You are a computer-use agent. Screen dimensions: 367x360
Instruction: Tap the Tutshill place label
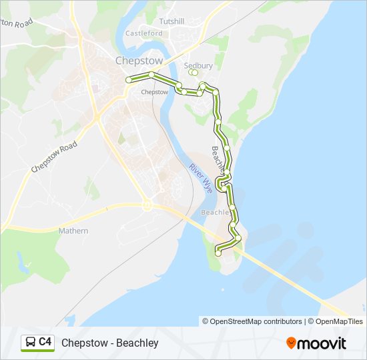[x=171, y=21]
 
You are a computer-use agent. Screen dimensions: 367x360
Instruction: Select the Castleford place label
[x=144, y=33]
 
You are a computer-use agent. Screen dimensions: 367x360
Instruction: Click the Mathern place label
[x=73, y=231]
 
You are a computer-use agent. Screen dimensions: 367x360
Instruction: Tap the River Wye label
[x=200, y=178]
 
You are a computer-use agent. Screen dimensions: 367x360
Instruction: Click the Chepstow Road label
[x=53, y=157]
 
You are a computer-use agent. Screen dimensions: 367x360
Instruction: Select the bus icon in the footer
[x=30, y=343]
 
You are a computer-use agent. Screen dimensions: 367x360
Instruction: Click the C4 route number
[x=45, y=342]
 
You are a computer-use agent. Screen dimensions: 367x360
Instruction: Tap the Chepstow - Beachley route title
[x=110, y=343]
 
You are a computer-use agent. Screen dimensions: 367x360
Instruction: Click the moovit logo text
[x=322, y=343]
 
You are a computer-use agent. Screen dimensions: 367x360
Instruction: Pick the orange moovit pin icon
[x=292, y=343]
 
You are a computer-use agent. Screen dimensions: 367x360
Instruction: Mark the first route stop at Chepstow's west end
[x=129, y=80]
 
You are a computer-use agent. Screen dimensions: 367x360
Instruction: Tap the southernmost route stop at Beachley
[x=218, y=252]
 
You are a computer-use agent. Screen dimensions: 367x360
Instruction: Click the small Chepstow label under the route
[x=155, y=92]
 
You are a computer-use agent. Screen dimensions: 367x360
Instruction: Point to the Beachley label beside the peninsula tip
[x=215, y=212]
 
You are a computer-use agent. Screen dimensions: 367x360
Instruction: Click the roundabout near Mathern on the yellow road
[x=148, y=205]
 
